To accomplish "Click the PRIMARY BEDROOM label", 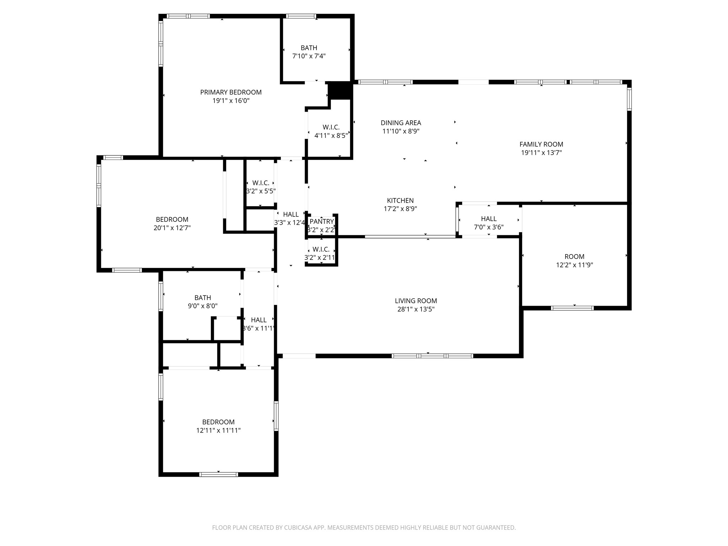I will point(231,92).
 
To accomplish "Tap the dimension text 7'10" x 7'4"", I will point(309,56).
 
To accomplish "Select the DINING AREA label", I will point(401,123).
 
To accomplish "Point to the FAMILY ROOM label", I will point(541,144).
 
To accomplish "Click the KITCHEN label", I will point(400,200).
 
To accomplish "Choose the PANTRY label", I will point(321,222).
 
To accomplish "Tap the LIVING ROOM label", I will point(416,301).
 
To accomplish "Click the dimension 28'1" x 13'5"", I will point(416,309).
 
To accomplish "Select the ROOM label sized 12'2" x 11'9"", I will point(574,257).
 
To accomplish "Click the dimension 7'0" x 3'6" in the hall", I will point(488,227).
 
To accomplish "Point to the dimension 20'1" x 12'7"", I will point(172,228).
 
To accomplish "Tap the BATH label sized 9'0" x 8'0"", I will point(203,298).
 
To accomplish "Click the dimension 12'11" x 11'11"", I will point(218,430).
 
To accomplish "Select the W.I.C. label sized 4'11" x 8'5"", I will point(331,127).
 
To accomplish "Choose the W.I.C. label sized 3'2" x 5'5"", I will point(261,183).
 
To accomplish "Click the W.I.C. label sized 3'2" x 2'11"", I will point(321,249).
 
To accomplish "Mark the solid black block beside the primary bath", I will point(339,91).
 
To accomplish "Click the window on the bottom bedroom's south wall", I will point(218,474).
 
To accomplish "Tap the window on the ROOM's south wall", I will point(572,308).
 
